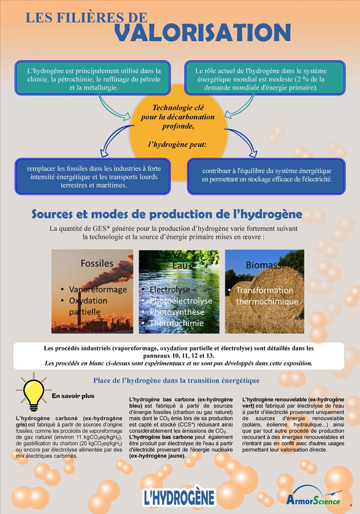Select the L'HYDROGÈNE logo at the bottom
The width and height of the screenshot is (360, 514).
179,497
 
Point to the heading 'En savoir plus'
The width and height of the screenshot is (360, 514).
73,396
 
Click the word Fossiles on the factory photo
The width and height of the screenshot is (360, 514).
97,263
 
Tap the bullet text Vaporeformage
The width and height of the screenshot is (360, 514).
98,290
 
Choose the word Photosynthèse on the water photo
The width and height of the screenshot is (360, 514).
177,312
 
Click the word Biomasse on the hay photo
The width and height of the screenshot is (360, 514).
266,265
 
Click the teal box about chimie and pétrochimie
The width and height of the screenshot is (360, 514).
93,78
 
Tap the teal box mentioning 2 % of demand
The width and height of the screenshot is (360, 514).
265,78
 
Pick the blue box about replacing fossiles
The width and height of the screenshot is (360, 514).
93,177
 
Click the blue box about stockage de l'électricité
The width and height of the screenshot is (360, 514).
266,175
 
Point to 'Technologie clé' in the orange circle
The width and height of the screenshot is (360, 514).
178,108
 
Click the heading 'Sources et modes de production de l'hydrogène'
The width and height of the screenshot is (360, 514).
167,214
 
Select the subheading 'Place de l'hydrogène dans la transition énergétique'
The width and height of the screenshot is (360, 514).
176,381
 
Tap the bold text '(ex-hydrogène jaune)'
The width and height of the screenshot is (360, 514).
157,456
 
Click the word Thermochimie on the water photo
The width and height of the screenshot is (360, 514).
176,323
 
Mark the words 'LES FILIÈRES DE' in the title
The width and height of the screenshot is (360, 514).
86,18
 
